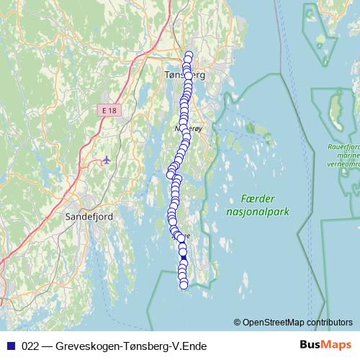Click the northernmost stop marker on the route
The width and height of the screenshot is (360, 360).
189,55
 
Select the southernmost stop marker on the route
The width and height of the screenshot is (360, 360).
184,285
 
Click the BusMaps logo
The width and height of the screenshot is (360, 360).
325,346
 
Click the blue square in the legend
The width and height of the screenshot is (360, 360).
12,346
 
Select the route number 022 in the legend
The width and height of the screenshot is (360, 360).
31,346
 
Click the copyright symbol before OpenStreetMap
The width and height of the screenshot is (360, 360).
237,323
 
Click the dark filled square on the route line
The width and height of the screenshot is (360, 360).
184,258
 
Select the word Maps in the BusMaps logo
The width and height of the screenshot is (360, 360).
336,346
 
